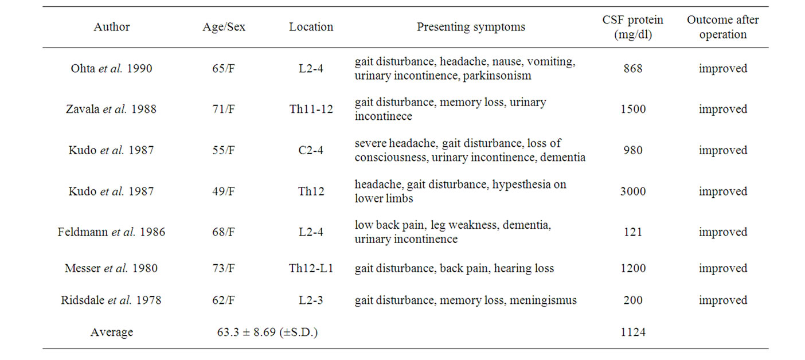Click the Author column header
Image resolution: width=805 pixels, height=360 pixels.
click(x=111, y=27)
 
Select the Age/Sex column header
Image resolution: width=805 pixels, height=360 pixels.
click(x=224, y=27)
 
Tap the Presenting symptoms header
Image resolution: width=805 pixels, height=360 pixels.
click(x=471, y=27)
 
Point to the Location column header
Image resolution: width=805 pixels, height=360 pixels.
click(x=311, y=27)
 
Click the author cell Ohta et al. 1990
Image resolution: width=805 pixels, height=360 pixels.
click(x=111, y=68)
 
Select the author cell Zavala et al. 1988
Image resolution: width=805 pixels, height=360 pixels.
click(x=111, y=109)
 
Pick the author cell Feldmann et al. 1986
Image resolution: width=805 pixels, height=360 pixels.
click(x=111, y=232)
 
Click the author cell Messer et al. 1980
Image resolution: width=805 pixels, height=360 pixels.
click(x=111, y=268)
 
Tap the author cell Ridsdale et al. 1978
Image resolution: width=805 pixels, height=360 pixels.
click(x=111, y=300)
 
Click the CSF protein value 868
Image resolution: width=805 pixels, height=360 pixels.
click(x=633, y=68)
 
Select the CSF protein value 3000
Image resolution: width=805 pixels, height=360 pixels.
click(x=633, y=191)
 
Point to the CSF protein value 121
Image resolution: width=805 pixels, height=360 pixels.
click(x=633, y=232)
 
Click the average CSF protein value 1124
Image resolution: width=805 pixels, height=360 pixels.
click(x=633, y=331)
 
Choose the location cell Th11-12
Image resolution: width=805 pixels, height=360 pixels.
click(x=311, y=109)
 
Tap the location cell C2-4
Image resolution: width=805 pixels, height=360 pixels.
click(x=311, y=150)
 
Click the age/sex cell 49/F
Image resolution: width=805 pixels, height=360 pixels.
click(x=223, y=191)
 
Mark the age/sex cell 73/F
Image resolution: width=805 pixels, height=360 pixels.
click(x=223, y=268)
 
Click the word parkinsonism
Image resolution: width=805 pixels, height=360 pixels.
click(x=497, y=76)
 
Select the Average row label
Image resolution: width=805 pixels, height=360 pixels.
click(x=111, y=332)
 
